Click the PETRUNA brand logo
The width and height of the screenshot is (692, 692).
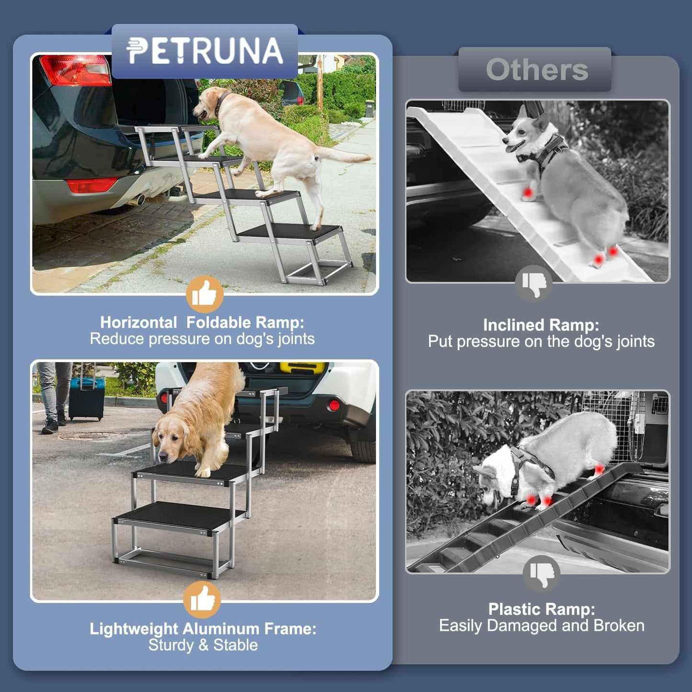[204, 51]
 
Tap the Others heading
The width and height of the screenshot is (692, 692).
[536, 70]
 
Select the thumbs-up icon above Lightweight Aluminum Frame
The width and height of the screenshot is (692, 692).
[202, 600]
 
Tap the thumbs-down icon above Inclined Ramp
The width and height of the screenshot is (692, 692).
[534, 284]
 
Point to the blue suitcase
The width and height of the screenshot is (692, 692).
[86, 399]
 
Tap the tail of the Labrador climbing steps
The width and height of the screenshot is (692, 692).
[345, 156]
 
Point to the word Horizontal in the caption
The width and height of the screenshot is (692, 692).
[138, 322]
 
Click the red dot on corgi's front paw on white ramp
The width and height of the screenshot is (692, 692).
[527, 193]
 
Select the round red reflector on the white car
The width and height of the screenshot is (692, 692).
[334, 406]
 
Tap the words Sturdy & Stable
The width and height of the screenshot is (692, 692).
[203, 645]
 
